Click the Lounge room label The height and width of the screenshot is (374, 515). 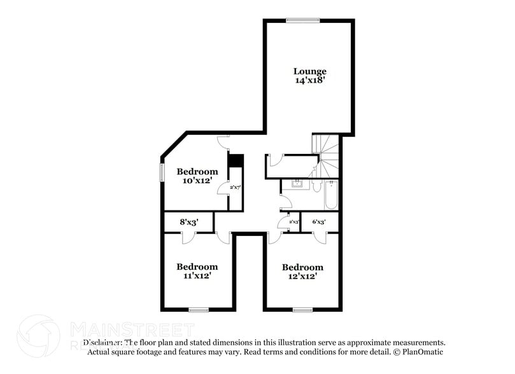tap(309, 71)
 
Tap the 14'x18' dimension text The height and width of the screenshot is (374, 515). tap(309, 81)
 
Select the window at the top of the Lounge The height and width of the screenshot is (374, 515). tap(302, 20)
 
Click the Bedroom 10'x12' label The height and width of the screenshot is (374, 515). tap(197, 172)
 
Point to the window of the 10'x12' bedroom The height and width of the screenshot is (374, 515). tap(162, 172)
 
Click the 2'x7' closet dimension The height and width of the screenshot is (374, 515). tap(235, 187)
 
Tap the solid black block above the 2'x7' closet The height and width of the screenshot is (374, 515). tap(236, 160)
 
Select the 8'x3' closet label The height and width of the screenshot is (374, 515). tap(189, 223)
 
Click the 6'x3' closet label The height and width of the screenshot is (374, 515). tap(318, 222)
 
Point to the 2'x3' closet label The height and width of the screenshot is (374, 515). tap(293, 222)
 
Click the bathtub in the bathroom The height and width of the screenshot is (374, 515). tap(331, 196)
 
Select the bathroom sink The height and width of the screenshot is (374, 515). tap(297, 185)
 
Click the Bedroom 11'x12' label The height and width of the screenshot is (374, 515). tap(197, 267)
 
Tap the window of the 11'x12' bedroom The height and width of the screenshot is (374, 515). tap(199, 310)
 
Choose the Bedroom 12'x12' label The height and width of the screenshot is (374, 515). tap(302, 267)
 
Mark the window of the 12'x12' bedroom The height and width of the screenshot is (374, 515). tap(302, 310)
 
